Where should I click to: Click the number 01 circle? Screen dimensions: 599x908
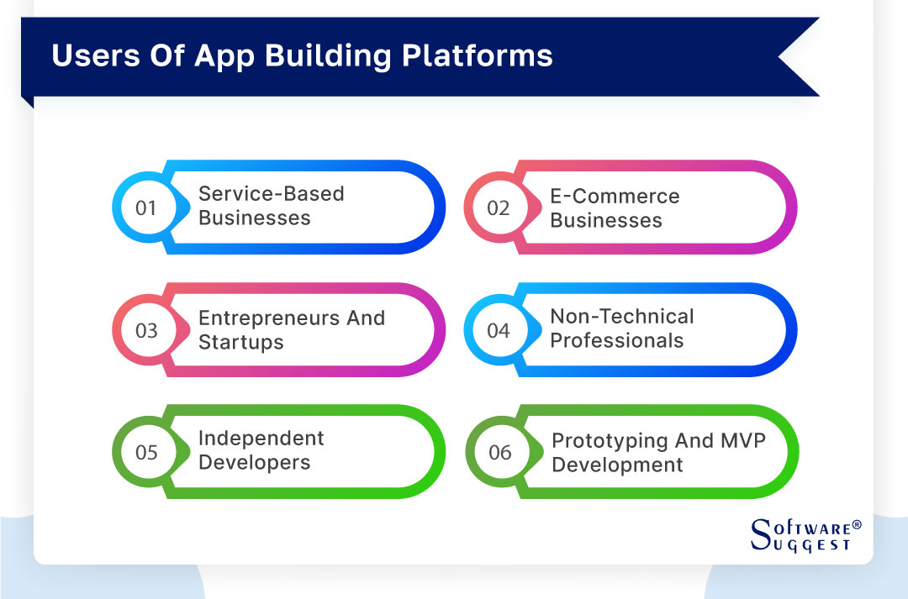tap(146, 208)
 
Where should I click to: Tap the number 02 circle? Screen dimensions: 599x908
tap(499, 208)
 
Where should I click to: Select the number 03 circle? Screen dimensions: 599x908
tap(146, 330)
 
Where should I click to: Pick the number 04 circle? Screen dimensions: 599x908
tap(499, 330)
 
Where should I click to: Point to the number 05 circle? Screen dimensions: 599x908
tap(146, 452)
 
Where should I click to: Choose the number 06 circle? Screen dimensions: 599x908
tap(499, 453)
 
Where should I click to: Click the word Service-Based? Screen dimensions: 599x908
tap(271, 194)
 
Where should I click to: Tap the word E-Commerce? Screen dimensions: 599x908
tap(615, 197)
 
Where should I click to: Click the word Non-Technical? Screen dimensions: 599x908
tap(622, 317)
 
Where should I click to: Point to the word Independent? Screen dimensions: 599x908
tap(261, 439)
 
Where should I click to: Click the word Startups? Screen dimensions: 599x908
tap(240, 343)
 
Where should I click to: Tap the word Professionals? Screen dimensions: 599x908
tap(616, 341)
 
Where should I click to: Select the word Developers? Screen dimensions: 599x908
tap(254, 463)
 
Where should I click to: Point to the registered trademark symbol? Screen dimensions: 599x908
tap(857, 525)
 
